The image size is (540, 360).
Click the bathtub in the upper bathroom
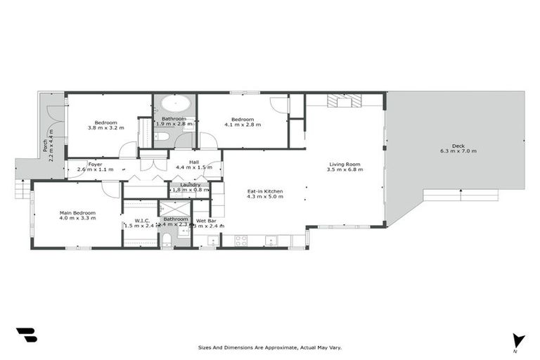pyautogui.click(x=174, y=105)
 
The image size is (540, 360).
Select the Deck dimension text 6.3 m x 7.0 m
pyautogui.click(x=458, y=151)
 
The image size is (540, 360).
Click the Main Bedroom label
pyautogui.click(x=77, y=213)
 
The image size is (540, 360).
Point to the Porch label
pyautogui.click(x=46, y=145)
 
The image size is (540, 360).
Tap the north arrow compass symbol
pyautogui.click(x=519, y=341)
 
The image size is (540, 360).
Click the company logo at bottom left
pyautogui.click(x=26, y=335)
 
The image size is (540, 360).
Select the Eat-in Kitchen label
pyautogui.click(x=265, y=191)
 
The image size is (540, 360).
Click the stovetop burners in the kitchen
pyautogui.click(x=241, y=240)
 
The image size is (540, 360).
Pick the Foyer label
pyautogui.click(x=95, y=165)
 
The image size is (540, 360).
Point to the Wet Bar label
pyautogui.click(x=207, y=221)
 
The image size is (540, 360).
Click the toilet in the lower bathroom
pyautogui.click(x=167, y=240)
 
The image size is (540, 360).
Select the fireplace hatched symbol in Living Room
pyautogui.click(x=345, y=101)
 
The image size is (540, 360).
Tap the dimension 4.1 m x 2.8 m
pyautogui.click(x=243, y=124)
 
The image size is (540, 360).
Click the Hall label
pyautogui.click(x=193, y=162)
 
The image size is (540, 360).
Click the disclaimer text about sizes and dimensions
pyautogui.click(x=270, y=347)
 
